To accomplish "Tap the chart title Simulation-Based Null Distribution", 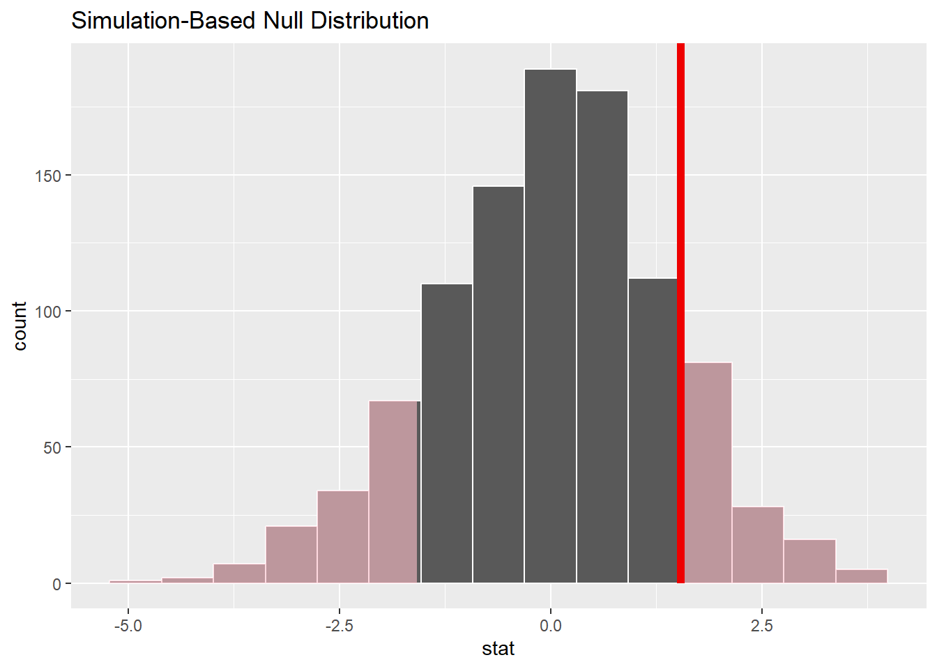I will coord(250,21).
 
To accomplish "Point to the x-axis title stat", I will coord(498,649).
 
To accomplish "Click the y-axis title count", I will coord(20,326).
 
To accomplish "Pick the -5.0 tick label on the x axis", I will coord(128,626).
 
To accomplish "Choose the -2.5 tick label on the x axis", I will coord(339,626).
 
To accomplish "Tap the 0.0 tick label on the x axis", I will coord(550,626).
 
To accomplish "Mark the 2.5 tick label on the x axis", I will coord(761,626).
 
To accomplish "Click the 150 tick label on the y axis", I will coord(47,176).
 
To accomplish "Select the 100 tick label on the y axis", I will coord(47,312).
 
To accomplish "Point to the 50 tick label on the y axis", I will coord(52,447).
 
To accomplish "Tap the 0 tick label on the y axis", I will coord(56,584).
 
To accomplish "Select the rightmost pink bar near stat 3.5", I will coord(861,576).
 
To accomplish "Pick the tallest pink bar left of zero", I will coord(394,492).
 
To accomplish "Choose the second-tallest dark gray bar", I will coord(602,337).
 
